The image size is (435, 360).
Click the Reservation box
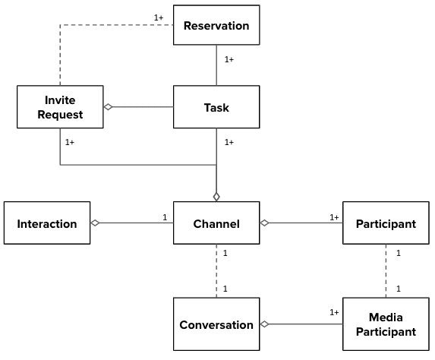click(x=216, y=26)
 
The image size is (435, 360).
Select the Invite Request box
click(x=59, y=107)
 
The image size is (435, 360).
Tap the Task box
click(x=216, y=107)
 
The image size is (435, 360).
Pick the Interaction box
click(x=47, y=223)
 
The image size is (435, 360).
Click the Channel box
click(x=216, y=223)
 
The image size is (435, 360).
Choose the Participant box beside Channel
click(x=386, y=223)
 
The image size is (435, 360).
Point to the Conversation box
click(x=216, y=324)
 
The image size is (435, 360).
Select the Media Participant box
click(x=386, y=324)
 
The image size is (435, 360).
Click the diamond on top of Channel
click(x=216, y=197)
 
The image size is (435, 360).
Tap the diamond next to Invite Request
click(x=108, y=107)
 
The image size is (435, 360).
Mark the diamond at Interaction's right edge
click(x=96, y=223)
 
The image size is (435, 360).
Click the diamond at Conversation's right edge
click(x=265, y=324)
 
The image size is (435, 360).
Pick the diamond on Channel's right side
click(x=265, y=223)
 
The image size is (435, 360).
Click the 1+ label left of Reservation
click(x=159, y=17)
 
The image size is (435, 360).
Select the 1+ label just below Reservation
click(x=229, y=59)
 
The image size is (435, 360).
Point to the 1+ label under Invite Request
click(x=70, y=141)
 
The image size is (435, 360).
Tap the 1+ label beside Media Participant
click(x=334, y=312)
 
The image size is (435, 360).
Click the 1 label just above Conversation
click(x=226, y=289)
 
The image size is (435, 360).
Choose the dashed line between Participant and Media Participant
click(x=386, y=271)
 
